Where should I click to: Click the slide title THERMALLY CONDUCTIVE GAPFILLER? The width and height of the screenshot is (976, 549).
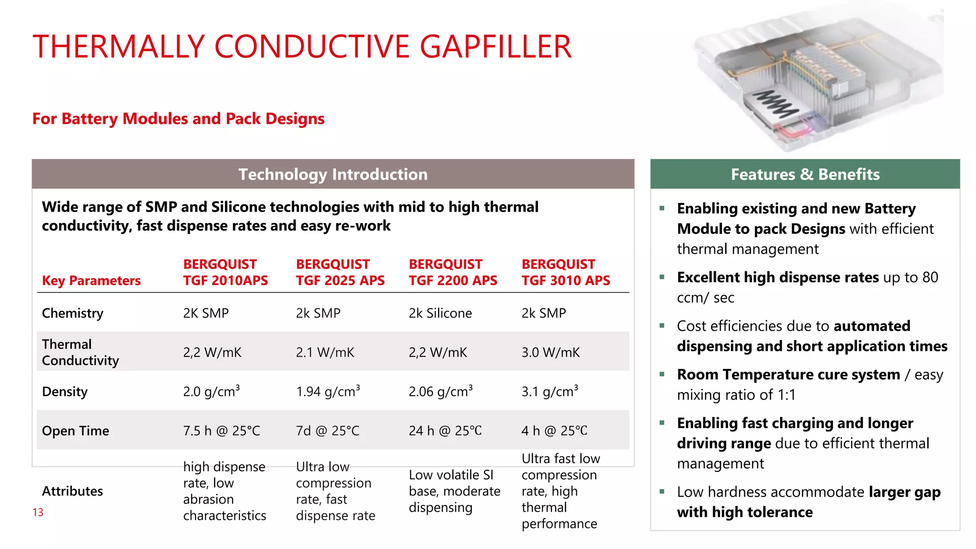coord(302,47)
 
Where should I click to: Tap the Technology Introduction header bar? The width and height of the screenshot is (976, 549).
coord(333,174)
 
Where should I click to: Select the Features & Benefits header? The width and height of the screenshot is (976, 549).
coord(805,174)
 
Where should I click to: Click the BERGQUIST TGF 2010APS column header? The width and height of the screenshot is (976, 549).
coord(225,273)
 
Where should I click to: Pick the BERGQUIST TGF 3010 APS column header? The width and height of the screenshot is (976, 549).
coord(565,273)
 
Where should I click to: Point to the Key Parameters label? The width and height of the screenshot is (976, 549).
coord(91,281)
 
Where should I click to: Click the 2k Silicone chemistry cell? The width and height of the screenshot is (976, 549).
coord(440,313)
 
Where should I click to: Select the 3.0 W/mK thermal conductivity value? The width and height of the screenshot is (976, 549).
coord(550,353)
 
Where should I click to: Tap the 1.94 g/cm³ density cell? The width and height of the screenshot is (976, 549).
coord(327,392)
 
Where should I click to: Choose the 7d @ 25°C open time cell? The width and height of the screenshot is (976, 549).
coord(327,431)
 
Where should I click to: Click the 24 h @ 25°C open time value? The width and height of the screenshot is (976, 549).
coord(445,431)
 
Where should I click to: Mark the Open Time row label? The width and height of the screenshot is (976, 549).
coord(75,431)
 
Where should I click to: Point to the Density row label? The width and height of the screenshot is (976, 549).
coord(65,392)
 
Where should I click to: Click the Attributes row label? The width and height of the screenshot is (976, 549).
coord(72,491)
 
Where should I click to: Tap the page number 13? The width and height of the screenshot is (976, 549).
coord(38,512)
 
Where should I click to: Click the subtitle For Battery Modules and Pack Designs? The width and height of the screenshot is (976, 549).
coord(178,119)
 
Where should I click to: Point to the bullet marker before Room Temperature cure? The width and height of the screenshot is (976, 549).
coord(662,374)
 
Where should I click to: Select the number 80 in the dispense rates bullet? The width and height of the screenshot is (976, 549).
coord(929,277)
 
